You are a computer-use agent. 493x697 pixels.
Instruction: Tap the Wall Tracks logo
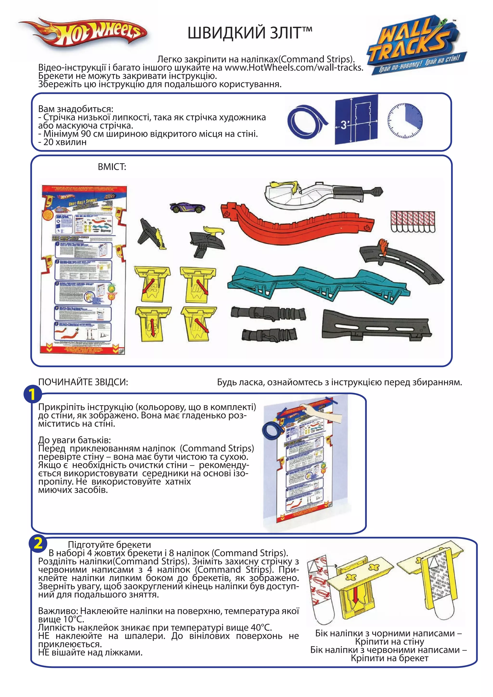click(x=416, y=44)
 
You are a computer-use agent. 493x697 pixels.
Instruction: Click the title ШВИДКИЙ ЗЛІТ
click(x=250, y=33)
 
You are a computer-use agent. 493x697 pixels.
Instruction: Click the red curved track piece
click(x=298, y=222)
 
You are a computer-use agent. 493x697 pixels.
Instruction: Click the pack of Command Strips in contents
click(x=413, y=222)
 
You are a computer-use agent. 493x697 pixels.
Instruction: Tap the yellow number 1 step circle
click(x=32, y=394)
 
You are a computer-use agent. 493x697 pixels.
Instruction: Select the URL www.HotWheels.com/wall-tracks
click(x=294, y=67)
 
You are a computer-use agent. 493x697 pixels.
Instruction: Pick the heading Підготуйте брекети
click(x=109, y=545)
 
